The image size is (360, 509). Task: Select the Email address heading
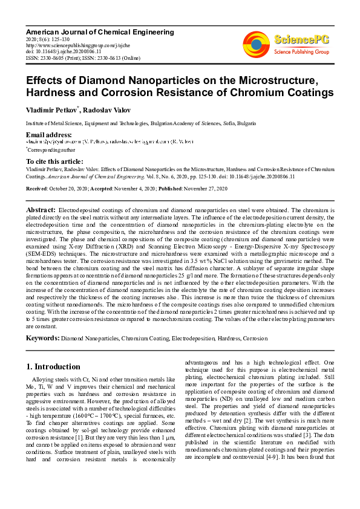coord(48,134)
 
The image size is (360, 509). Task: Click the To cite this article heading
coord(54,161)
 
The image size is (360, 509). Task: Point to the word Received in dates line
coord(37,189)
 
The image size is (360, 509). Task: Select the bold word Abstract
coord(41,209)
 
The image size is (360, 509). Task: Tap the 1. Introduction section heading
coord(53,366)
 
